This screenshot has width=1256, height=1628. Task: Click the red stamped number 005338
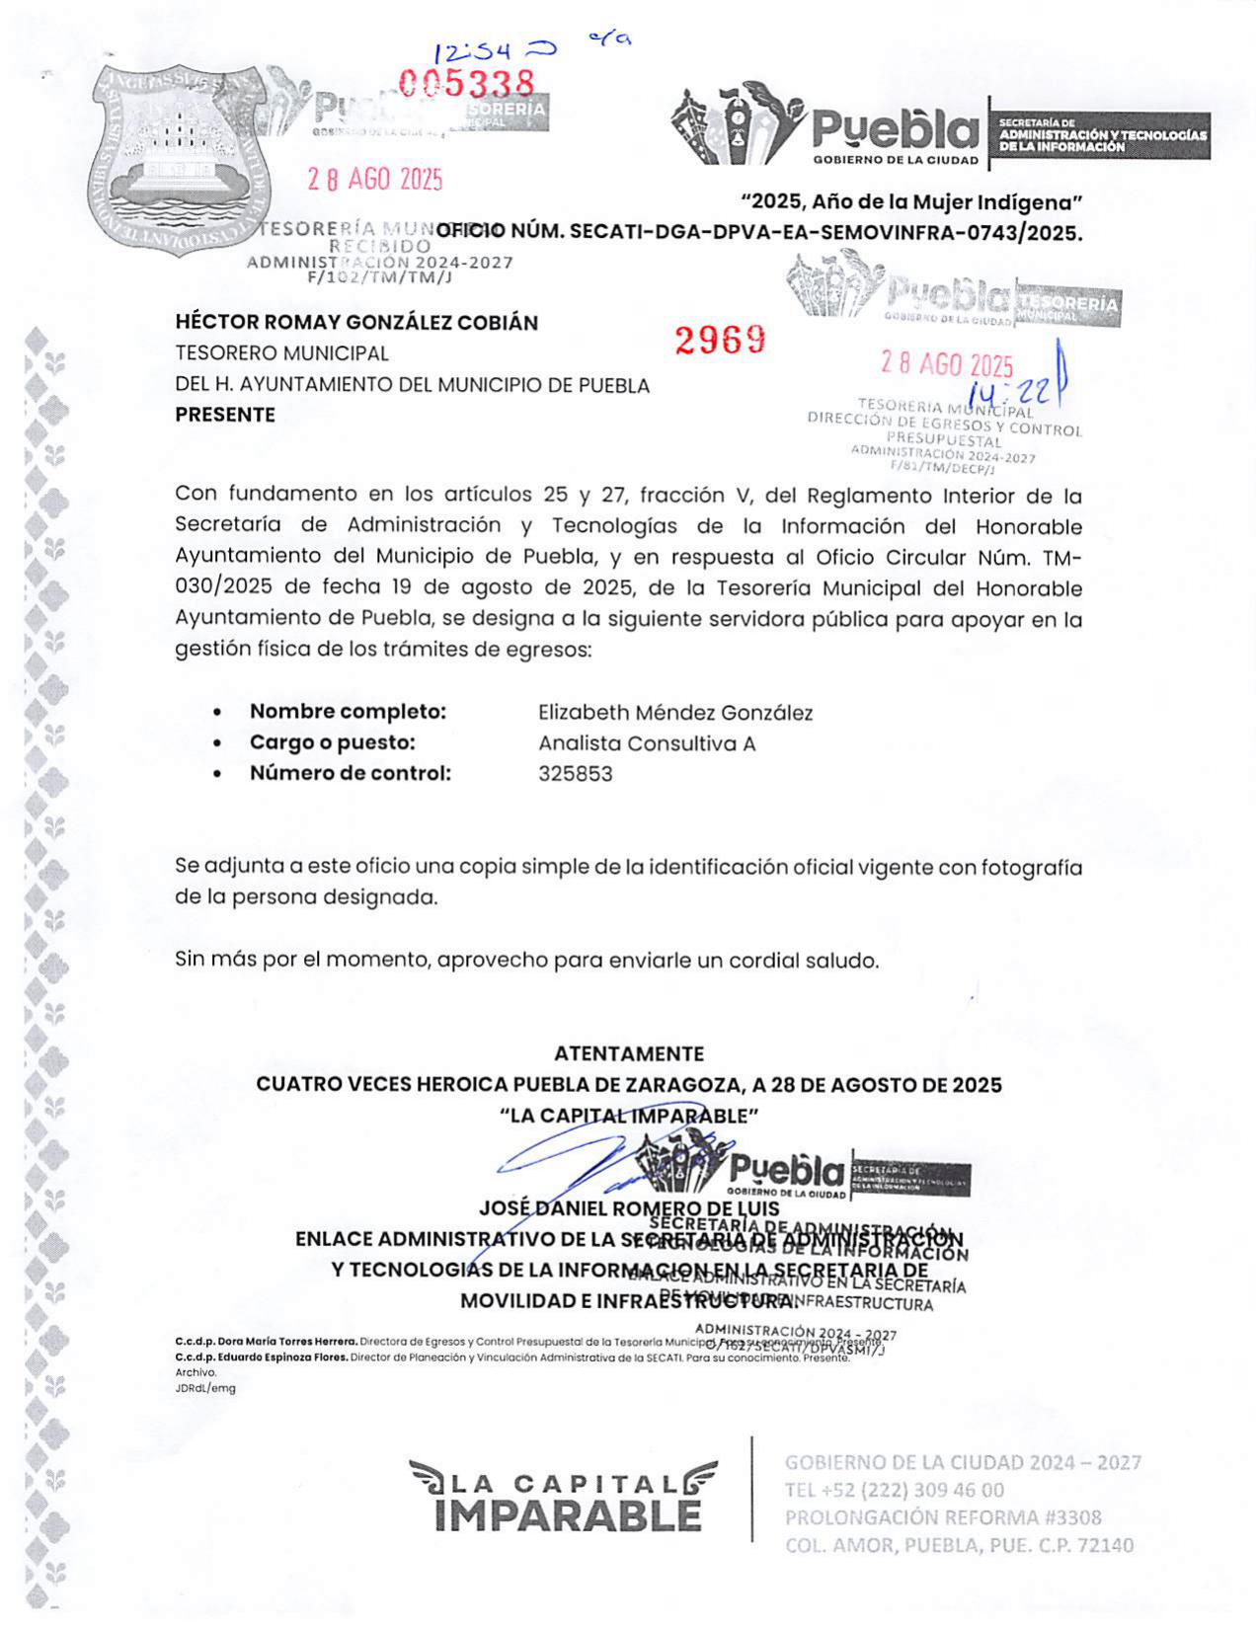coord(466,84)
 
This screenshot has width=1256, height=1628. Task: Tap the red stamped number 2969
coord(720,340)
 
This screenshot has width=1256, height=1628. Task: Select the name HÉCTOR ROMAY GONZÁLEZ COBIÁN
coord(356,323)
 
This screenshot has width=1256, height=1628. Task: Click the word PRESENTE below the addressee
coord(225,415)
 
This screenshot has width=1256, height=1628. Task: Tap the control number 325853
coord(575,774)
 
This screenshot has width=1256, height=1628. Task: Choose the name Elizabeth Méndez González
coord(675,712)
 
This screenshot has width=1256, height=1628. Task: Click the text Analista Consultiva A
coord(647,743)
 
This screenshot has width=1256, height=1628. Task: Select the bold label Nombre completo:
coord(348,711)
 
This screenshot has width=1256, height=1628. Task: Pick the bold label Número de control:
coord(350,773)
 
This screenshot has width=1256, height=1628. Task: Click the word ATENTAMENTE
coord(629,1053)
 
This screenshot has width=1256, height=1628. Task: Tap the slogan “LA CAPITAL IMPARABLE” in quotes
coord(629,1116)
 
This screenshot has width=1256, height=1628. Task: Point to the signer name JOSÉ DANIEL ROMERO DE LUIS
coord(629,1207)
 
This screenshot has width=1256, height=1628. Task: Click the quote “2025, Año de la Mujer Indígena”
coord(912,202)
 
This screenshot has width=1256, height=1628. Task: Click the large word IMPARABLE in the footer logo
coord(568,1515)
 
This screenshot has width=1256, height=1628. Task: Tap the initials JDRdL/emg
coord(205,1387)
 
